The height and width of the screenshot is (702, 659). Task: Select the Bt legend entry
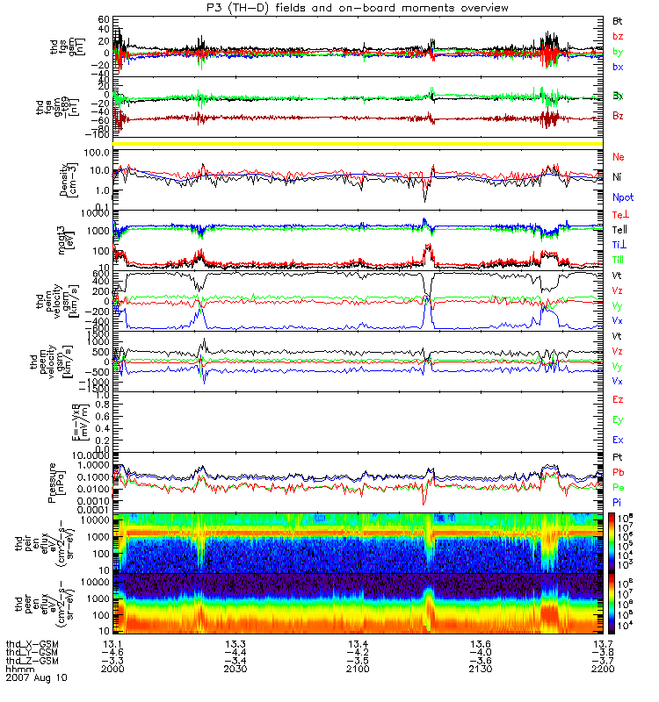[x=618, y=20]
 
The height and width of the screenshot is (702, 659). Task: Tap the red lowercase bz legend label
[x=618, y=37]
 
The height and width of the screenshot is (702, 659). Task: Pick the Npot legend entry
[x=622, y=198]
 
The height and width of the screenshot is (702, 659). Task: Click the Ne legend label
[x=619, y=155]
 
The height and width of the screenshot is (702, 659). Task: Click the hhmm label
[x=16, y=668]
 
